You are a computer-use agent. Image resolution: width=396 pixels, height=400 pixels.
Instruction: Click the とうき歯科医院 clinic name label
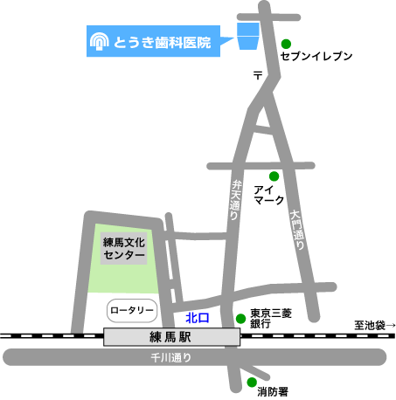162,43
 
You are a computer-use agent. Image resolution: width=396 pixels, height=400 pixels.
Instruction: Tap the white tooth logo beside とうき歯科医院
99,41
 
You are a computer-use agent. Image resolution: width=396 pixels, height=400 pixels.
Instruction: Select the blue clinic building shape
248,36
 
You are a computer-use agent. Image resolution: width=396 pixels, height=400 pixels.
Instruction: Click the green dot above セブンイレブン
286,44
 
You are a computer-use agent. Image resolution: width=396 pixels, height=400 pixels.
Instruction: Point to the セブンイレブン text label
316,56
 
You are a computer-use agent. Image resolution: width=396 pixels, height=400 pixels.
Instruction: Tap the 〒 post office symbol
258,75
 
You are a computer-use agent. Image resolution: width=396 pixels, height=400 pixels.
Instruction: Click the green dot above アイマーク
274,176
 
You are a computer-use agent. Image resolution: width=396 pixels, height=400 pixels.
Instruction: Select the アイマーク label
268,195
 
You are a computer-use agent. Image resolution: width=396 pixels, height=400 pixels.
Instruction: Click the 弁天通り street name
235,200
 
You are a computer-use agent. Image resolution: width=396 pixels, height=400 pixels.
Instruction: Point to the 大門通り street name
297,230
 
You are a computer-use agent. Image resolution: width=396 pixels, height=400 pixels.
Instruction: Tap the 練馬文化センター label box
124,248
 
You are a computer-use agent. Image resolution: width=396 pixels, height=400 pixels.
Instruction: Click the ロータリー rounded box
132,311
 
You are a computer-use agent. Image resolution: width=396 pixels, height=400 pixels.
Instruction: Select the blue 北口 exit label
198,318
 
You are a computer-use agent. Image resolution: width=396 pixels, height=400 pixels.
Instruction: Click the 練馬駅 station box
171,337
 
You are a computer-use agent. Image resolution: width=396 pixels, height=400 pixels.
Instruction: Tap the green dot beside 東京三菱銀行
240,319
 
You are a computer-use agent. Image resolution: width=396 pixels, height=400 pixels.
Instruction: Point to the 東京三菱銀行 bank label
270,319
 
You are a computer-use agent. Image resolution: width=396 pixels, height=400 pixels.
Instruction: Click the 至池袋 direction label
375,325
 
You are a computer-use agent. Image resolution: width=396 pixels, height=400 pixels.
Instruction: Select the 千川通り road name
171,357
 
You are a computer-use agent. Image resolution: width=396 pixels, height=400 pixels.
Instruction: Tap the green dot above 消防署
252,382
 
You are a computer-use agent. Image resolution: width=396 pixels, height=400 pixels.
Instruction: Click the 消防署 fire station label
273,392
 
